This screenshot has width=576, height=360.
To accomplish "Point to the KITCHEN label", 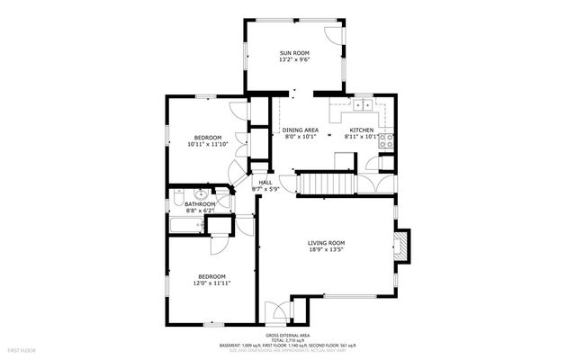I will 361,130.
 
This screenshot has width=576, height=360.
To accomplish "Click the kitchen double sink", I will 364,106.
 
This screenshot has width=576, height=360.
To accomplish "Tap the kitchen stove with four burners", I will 388,139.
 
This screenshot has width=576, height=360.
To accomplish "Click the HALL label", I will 265,183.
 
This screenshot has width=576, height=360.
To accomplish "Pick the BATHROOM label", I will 200,204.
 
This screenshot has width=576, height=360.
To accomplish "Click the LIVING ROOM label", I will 326,243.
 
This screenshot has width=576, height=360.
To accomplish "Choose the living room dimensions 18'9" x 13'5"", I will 326,250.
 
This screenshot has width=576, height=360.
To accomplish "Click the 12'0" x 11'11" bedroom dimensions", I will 212,283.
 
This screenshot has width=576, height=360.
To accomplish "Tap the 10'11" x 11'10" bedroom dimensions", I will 208,144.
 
